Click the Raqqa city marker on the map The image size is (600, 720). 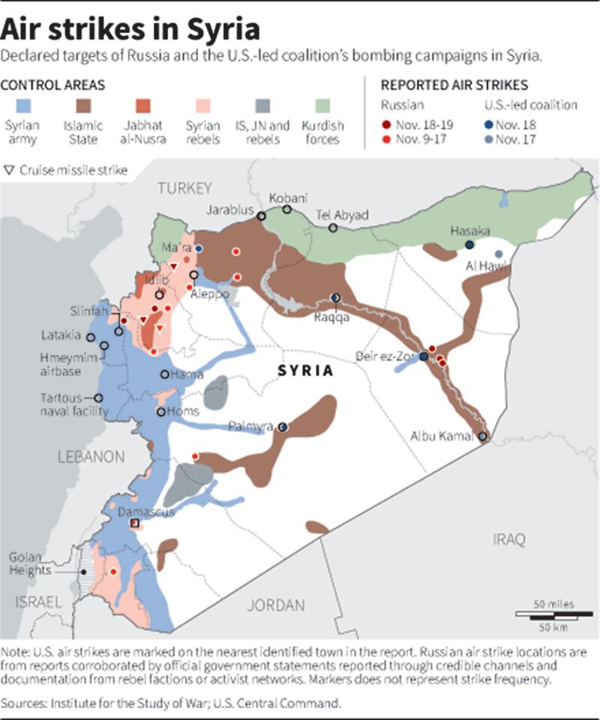336,297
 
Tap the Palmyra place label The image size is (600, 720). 252,426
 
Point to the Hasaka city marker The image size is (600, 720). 469,245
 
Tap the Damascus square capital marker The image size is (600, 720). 135,523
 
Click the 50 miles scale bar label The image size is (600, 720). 554,604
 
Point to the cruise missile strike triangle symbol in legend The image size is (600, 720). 9,170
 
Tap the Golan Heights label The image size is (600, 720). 29,563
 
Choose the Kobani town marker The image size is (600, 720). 286,209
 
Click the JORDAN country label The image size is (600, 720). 277,605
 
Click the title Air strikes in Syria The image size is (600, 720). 131,30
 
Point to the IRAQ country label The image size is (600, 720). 509,538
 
